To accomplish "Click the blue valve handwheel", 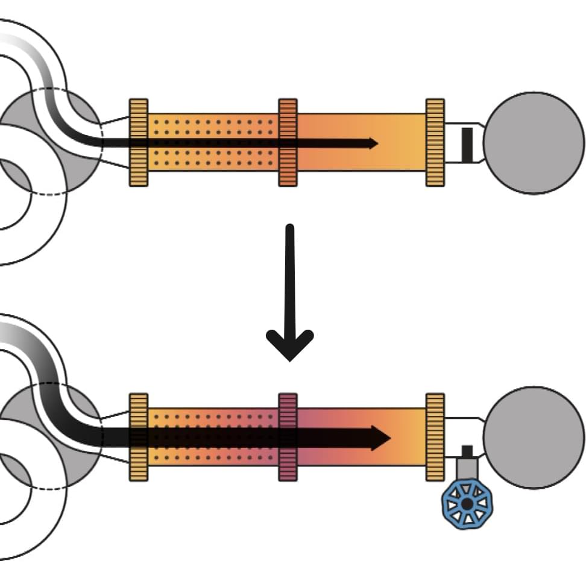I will [x=467, y=503].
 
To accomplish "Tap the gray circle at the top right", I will [x=534, y=143].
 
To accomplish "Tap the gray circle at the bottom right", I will [x=534, y=437].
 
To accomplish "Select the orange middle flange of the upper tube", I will [x=288, y=142].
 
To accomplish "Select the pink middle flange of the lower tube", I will [x=288, y=437].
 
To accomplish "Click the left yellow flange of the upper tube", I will [x=138, y=142].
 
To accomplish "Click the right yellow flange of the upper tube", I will [x=435, y=142].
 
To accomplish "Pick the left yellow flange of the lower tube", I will [x=138, y=437].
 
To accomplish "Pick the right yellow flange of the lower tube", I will [x=435, y=437].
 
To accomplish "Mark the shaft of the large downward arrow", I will [x=290, y=277].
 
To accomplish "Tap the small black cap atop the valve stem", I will [x=467, y=451].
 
